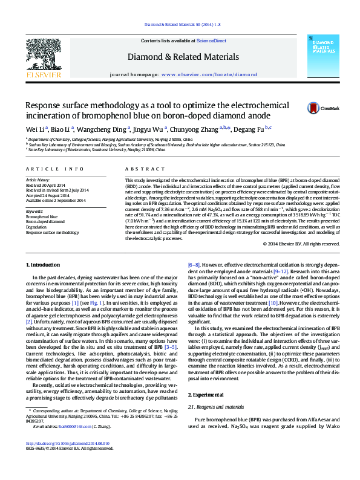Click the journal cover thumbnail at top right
tap(323, 58)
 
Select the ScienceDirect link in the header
tap(212, 41)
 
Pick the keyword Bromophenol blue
tap(42, 216)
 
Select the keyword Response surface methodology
tap(52, 232)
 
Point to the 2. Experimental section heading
tap(206, 393)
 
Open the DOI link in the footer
tap(67, 444)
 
